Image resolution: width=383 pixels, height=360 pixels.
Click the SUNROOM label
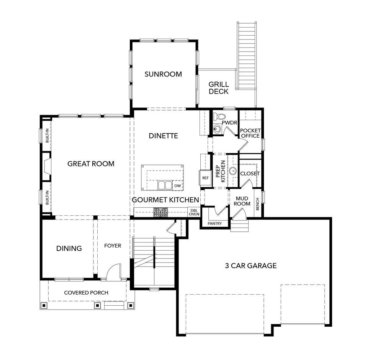(163, 74)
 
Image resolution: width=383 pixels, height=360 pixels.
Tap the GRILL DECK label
(219, 88)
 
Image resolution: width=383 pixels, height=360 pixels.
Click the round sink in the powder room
(217, 129)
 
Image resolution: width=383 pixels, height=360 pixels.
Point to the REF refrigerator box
(205, 178)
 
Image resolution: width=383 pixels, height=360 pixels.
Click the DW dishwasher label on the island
(178, 186)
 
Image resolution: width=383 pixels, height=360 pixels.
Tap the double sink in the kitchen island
(165, 185)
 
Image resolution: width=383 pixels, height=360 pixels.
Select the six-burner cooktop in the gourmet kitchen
(160, 212)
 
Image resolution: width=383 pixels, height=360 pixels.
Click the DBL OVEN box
(194, 212)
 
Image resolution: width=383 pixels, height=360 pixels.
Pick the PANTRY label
(215, 223)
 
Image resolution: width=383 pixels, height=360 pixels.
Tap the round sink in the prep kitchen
(233, 171)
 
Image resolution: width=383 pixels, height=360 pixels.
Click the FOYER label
(113, 246)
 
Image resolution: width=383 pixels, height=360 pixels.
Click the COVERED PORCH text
(86, 293)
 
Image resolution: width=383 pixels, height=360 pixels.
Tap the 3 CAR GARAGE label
(251, 266)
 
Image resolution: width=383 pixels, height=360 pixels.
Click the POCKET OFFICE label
(250, 133)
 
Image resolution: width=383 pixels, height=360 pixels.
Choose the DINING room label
(69, 248)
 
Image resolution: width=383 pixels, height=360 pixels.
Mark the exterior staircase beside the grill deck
(246, 55)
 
